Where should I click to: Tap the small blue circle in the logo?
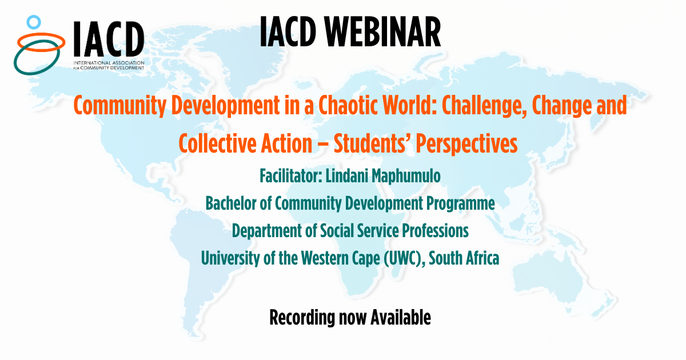coord(34,22)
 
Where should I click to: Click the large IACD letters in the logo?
coord(109,39)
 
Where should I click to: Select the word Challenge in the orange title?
coord(484,106)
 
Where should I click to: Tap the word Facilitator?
coord(291,176)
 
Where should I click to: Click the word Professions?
coord(435,231)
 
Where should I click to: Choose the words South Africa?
coord(464,258)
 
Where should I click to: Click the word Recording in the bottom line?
coord(302,318)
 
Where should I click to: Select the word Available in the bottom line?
coord(401,317)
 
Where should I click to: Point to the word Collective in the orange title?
coord(217,144)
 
